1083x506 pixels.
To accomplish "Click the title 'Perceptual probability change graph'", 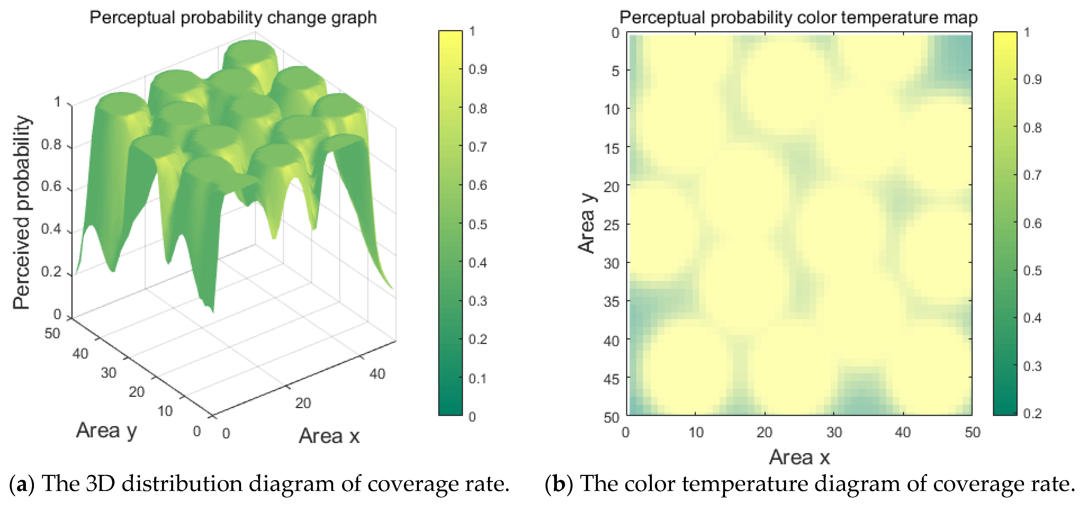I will click(x=233, y=18).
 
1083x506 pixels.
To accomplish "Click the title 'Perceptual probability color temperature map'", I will click(x=798, y=18).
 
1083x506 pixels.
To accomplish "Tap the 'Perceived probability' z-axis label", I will click(x=22, y=212).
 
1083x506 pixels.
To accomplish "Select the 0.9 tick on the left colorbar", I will click(x=478, y=69).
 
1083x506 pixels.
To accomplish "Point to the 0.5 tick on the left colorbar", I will click(x=478, y=224).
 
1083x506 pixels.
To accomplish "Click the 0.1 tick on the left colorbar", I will click(x=478, y=379).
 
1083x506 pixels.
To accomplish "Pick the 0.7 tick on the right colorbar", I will click(x=1032, y=175).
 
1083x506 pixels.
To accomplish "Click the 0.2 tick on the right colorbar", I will click(x=1032, y=413).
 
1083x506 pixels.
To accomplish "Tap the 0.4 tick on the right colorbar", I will click(x=1032, y=318).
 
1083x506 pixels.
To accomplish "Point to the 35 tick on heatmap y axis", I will click(x=612, y=302).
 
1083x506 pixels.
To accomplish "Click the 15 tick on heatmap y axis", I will click(x=612, y=148).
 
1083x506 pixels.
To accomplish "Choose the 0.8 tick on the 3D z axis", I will click(x=51, y=145).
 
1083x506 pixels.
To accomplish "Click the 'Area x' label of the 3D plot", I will click(x=329, y=436).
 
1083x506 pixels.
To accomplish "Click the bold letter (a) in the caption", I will click(x=21, y=484).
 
